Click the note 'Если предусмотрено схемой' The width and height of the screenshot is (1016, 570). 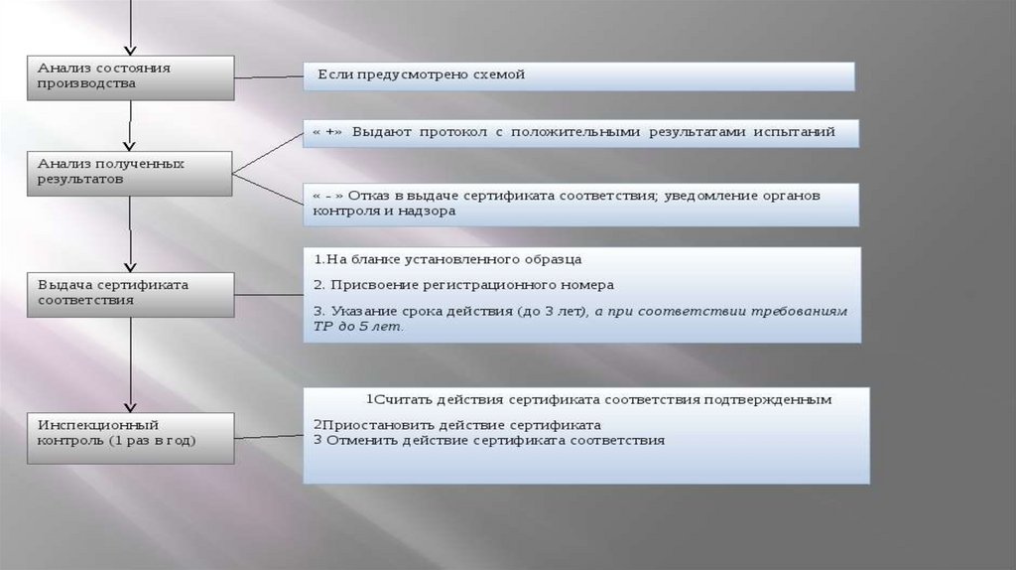[578, 76]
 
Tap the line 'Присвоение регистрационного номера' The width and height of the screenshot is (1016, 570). [471, 285]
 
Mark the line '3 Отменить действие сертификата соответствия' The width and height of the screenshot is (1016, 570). [488, 439]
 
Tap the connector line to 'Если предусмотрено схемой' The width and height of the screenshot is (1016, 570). [269, 76]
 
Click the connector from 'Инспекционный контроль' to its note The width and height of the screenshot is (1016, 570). [269, 435]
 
